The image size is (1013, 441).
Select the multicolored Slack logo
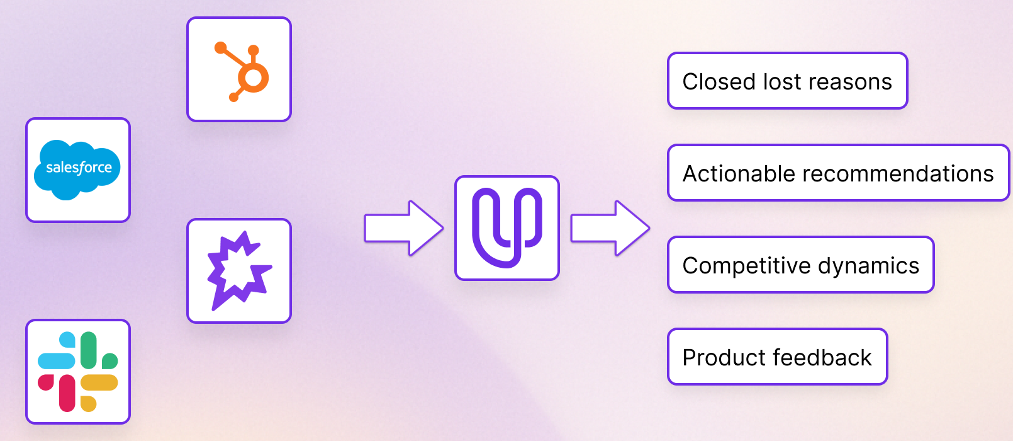[x=77, y=372]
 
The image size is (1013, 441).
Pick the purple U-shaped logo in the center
[x=506, y=227]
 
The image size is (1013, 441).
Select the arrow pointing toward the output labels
[x=610, y=227]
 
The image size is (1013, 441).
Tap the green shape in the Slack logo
[x=89, y=350]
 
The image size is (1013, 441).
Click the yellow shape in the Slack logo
[x=99, y=382]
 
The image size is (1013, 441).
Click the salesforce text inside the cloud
[x=79, y=168]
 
